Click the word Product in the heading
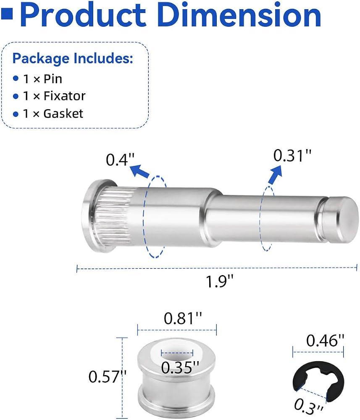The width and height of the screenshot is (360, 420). point(83,14)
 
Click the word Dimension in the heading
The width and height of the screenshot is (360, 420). point(239,14)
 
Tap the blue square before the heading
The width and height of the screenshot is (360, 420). point(7,14)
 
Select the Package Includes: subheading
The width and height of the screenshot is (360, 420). point(73,58)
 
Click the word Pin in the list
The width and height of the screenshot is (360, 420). point(53,79)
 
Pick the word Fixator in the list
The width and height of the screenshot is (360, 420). point(65,96)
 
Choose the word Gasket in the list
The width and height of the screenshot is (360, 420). point(63,113)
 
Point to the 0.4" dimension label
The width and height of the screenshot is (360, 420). point(120,160)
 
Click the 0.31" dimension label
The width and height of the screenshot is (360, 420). point(292,156)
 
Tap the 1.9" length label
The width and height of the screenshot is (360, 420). point(220,282)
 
